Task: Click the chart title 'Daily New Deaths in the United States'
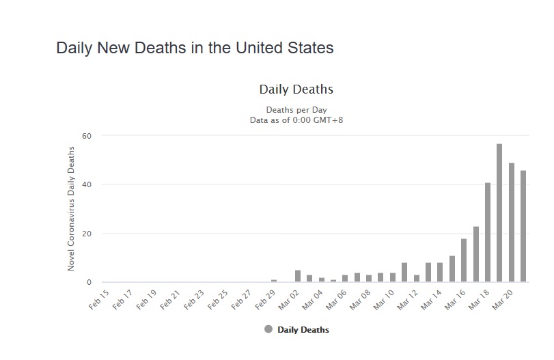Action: [195, 49]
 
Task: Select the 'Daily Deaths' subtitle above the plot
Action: [296, 89]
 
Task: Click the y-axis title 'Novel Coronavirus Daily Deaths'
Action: [71, 208]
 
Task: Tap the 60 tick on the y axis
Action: [86, 135]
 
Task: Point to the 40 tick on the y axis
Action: [86, 184]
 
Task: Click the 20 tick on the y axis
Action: [86, 234]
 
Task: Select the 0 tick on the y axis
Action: [89, 282]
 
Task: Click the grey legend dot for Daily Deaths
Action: [268, 329]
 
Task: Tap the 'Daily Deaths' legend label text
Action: [303, 330]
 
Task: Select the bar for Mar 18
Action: [488, 232]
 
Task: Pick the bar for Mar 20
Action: [512, 223]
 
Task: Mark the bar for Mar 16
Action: [464, 260]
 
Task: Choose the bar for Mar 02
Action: [298, 276]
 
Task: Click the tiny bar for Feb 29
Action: [274, 281]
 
